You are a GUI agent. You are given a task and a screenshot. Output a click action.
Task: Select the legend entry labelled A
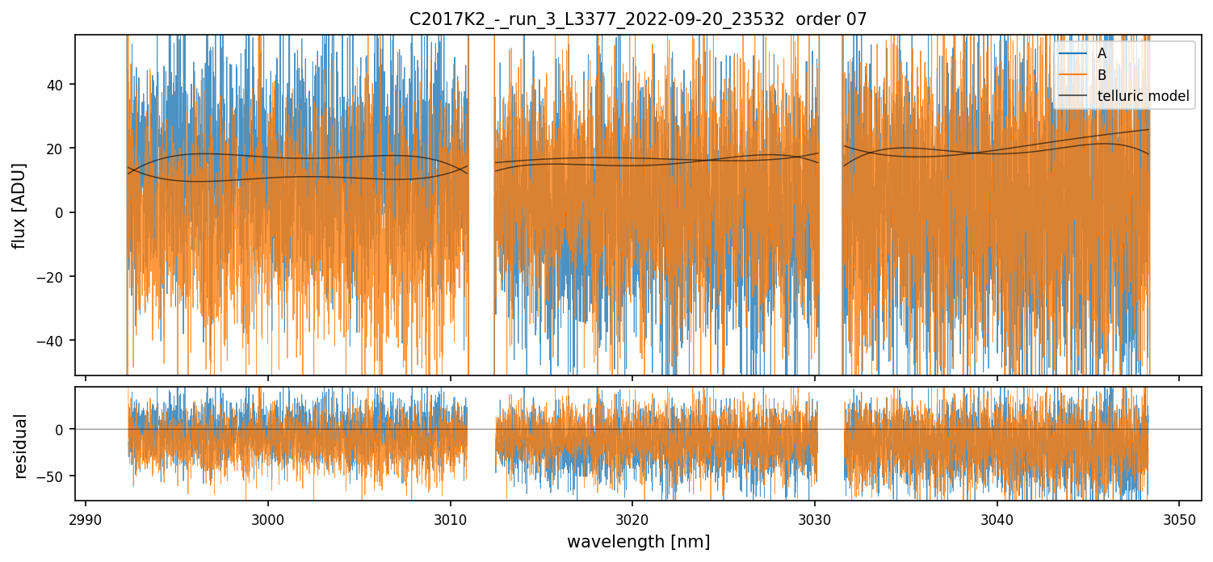click(x=1102, y=53)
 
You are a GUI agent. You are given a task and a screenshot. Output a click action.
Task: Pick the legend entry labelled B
click(x=1102, y=75)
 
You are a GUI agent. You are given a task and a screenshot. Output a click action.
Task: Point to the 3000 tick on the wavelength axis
click(x=268, y=519)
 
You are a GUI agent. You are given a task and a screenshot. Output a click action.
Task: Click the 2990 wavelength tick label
click(x=86, y=519)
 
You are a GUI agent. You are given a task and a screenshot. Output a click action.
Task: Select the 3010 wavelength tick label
click(x=450, y=519)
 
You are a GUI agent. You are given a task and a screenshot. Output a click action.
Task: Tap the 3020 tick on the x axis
click(x=632, y=519)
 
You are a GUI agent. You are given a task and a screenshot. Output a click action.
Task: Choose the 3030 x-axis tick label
click(x=814, y=519)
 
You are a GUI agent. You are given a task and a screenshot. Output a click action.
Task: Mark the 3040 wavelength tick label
click(x=997, y=519)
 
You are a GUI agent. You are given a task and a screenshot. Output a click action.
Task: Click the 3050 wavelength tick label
click(x=1178, y=519)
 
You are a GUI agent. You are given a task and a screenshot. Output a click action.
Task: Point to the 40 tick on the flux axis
click(x=57, y=85)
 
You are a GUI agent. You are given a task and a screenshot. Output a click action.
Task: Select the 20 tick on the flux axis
click(x=57, y=149)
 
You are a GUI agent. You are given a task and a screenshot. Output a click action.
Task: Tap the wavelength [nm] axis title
click(x=638, y=542)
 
